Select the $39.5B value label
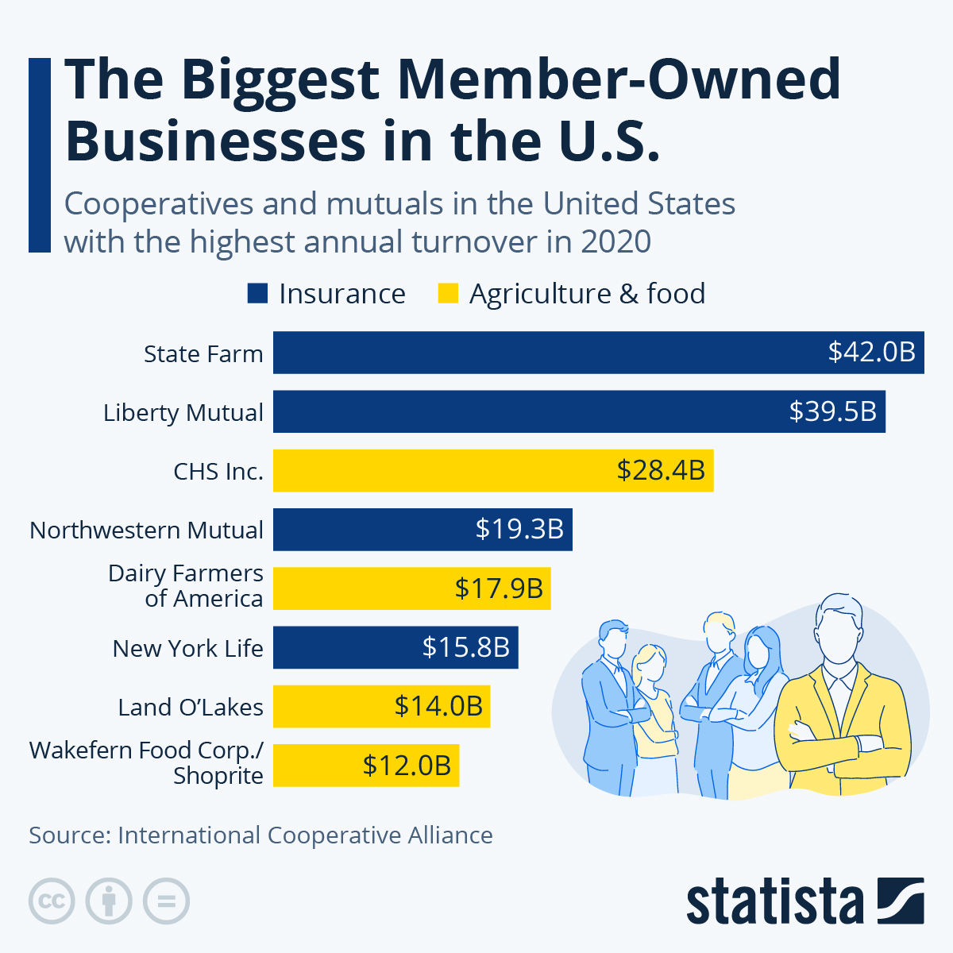[x=832, y=411]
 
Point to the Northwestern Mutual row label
[x=146, y=530]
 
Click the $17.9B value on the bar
[x=499, y=588]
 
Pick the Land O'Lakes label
[x=190, y=707]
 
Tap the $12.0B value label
[x=407, y=766]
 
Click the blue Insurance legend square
[x=257, y=294]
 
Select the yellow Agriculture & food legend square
[x=448, y=294]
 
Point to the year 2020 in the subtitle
[x=615, y=241]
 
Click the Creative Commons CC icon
[x=52, y=901]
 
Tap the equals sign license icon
[x=166, y=901]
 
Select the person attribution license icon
[x=109, y=901]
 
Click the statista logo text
[x=774, y=901]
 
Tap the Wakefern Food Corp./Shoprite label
[x=146, y=762]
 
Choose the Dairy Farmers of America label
[x=186, y=585]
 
